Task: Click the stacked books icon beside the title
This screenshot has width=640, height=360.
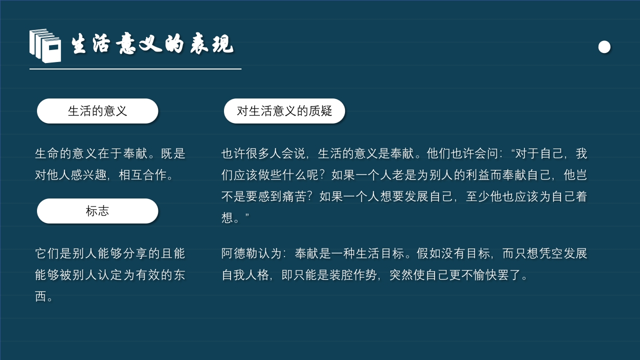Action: [x=45, y=45]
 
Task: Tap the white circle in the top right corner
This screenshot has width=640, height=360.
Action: [x=604, y=47]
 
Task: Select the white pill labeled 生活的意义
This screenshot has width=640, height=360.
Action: [x=97, y=111]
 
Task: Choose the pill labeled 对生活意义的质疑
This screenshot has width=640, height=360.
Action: [x=284, y=111]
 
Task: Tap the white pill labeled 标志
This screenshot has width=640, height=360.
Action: [x=97, y=211]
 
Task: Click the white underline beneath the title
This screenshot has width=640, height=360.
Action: [x=135, y=68]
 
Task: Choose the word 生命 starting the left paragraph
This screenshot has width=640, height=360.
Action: [x=47, y=153]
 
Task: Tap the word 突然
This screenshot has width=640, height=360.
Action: [x=402, y=275]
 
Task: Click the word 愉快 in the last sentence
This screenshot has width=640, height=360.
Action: [x=484, y=275]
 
